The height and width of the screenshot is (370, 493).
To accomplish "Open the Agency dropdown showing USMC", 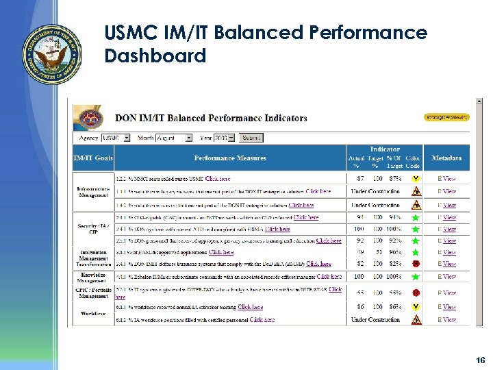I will coord(116,138).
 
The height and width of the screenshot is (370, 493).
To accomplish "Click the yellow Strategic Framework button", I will coord(446,117).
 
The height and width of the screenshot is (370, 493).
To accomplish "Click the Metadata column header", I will coord(446,158).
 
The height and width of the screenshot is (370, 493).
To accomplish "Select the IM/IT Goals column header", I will coord(93,158).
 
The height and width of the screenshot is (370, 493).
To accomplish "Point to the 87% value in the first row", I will coord(395,179).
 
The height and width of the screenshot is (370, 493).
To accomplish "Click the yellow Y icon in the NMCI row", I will coord(415,179).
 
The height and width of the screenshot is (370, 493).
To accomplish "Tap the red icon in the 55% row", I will coord(415,293).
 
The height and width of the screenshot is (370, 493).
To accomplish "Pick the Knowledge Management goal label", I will coord(93,277).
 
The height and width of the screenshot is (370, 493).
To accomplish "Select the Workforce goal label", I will coord(93,314).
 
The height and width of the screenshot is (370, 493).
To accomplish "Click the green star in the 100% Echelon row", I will coord(415,277).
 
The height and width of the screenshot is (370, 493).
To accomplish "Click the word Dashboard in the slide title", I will coord(155,56).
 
